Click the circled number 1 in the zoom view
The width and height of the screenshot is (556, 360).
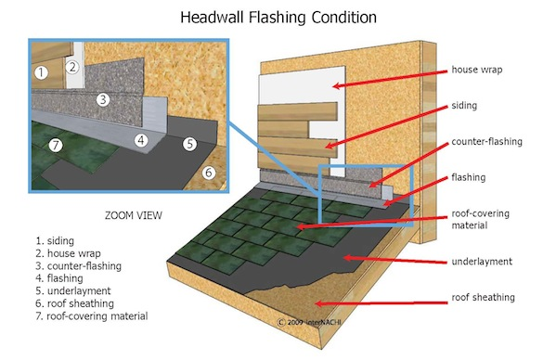click(41, 72)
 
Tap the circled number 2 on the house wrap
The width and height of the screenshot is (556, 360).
click(72, 67)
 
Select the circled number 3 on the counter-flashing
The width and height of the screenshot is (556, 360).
click(103, 99)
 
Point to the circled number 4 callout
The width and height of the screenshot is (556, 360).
click(141, 140)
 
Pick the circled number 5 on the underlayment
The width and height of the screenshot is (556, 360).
click(190, 144)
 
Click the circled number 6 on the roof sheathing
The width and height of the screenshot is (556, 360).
click(209, 173)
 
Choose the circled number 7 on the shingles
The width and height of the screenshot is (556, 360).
click(56, 145)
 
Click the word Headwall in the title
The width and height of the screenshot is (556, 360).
click(213, 17)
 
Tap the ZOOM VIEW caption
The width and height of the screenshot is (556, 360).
click(134, 215)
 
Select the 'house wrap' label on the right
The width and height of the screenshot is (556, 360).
click(477, 70)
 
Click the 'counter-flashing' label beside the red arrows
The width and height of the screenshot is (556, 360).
click(487, 142)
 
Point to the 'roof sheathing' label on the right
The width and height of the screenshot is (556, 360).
click(483, 297)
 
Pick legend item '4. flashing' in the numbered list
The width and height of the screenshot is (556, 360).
click(59, 278)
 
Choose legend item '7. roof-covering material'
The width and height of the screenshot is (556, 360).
click(92, 316)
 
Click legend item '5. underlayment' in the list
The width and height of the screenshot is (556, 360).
click(73, 291)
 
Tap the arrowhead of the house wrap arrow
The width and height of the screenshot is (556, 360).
click(337, 85)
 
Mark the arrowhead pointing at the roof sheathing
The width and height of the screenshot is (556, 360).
click(318, 303)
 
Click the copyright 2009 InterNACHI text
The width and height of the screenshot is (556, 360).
click(309, 322)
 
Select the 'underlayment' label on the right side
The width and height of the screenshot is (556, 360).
click(482, 262)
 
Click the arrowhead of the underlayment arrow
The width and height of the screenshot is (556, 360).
click(348, 258)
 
